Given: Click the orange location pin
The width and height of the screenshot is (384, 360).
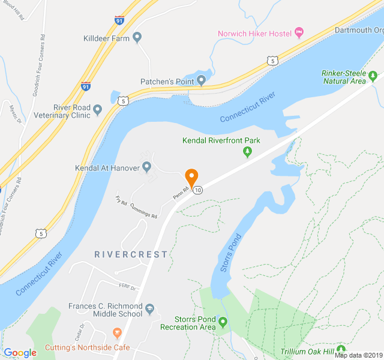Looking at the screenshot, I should point(191,178).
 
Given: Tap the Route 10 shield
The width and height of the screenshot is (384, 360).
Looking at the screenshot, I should point(198,190).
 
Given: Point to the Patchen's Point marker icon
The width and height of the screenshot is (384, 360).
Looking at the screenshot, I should point(202,81).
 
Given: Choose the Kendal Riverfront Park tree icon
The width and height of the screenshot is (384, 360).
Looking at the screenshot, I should point(247,152).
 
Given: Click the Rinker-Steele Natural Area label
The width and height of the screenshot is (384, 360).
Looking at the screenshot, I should point(344,77).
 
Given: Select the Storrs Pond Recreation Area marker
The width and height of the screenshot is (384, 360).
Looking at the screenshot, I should point(223,323).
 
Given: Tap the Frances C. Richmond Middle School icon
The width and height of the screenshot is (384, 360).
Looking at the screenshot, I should point(150,309).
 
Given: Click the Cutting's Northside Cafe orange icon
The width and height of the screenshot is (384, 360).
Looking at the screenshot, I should point(117,332).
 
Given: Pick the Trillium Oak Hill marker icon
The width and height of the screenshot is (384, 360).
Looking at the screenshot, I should point(341,349).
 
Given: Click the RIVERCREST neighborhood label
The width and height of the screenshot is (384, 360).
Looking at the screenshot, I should point(131,254).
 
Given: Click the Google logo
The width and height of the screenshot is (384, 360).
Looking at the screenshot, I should point(20,353).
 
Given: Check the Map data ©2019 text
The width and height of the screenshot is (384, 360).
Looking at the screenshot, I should point(358,355).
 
